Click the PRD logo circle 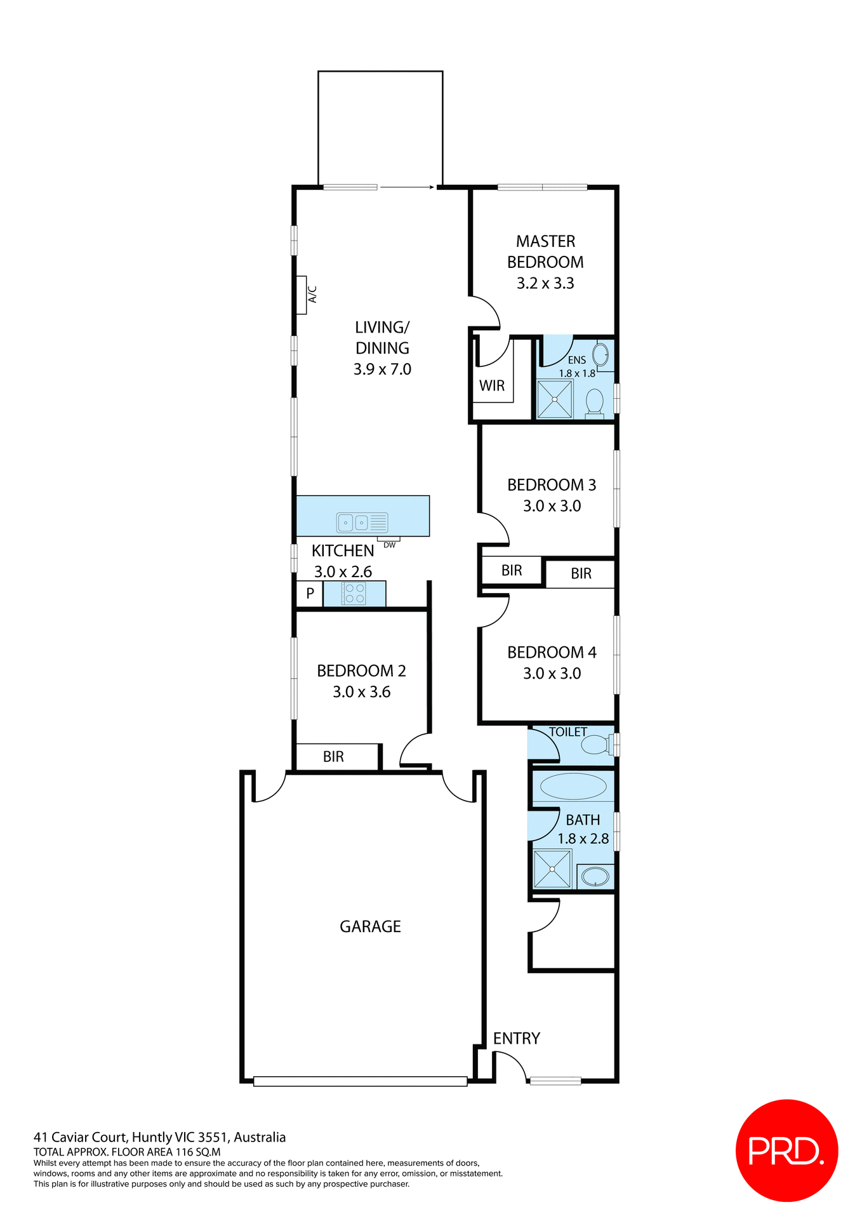786,1150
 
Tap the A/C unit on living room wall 302,295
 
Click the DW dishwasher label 389,545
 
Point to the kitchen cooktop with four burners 354,594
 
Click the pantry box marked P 310,594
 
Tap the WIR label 492,385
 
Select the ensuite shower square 555,399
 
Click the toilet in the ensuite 595,403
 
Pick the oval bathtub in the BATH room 573,787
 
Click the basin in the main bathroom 595,877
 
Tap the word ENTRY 516,1038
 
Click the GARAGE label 370,926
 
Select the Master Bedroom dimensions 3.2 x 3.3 545,283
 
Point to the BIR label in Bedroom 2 333,756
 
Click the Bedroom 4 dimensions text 552,673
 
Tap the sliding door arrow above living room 406,187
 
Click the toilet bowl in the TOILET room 595,744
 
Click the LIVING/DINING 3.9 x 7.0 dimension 382,369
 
